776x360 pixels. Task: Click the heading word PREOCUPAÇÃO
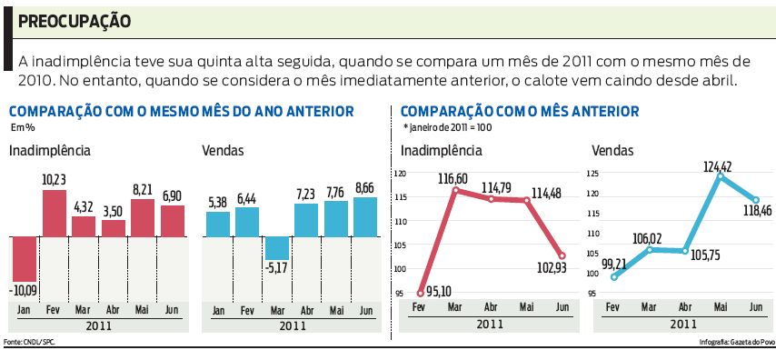click(75, 20)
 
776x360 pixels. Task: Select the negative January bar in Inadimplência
click(24, 258)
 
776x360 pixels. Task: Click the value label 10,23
click(55, 180)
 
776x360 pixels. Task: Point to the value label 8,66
click(364, 188)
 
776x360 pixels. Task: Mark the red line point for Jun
click(562, 256)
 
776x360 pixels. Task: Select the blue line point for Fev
click(614, 276)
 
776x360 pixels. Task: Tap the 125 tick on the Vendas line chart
click(593, 173)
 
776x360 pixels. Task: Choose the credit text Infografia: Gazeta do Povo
click(737, 343)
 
